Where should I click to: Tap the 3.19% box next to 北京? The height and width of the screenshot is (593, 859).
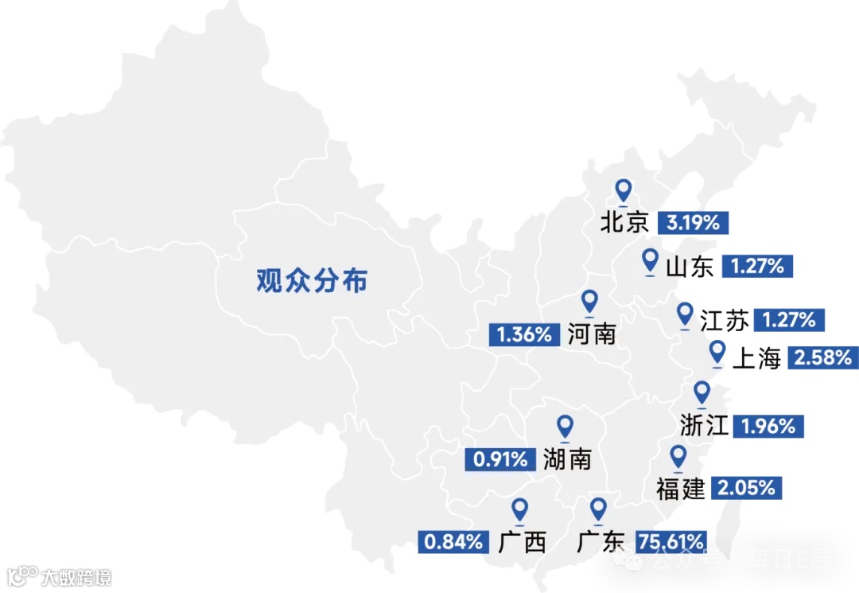693,223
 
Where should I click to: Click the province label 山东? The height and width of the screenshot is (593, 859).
690,267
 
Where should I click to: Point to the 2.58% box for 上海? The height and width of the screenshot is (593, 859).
823,358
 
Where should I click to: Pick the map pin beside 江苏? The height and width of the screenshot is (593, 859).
685,315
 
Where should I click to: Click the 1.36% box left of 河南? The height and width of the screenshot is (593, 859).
524,334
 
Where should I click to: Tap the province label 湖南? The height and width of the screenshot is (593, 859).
568,458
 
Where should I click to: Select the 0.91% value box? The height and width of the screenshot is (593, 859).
501,459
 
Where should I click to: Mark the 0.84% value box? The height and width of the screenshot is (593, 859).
453,543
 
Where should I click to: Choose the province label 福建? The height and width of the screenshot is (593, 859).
681,488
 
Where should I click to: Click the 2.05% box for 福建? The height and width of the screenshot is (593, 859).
746,488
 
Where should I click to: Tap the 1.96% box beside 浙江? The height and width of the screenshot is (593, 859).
768,426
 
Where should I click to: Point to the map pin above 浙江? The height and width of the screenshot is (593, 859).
702,393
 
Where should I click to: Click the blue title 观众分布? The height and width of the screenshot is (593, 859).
312,280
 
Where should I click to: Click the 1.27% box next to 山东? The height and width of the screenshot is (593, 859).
758,267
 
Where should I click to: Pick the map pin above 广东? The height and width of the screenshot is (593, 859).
598,510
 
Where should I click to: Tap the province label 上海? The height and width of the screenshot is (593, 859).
756,359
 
